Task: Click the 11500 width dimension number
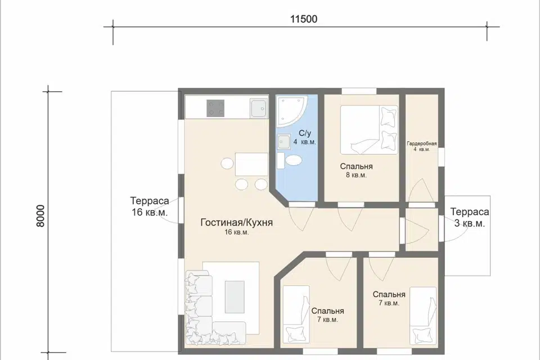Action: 303,19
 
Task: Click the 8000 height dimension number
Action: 40,216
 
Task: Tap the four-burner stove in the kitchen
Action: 215,108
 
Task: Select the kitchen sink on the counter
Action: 258,108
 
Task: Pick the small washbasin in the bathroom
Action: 283,142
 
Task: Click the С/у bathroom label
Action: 305,133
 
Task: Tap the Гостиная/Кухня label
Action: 237,223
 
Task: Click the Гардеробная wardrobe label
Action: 421,143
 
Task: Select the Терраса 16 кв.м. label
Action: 150,206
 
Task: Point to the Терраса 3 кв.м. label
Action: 469,217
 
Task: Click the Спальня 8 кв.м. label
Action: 357,170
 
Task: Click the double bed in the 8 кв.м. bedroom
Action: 369,130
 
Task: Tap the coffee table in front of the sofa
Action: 235,297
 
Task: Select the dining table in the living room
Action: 251,164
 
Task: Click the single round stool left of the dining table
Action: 227,163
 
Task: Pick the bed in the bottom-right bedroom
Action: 423,316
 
